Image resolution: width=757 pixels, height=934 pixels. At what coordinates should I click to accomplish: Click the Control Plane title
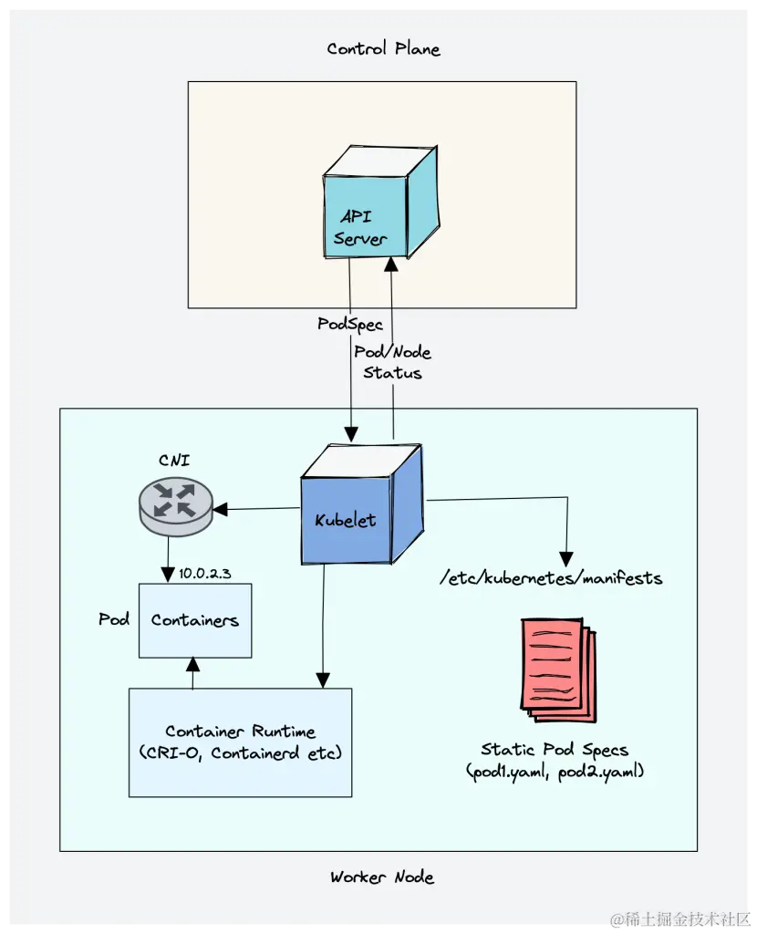(383, 48)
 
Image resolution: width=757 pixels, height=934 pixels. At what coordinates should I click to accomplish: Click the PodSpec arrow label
(350, 325)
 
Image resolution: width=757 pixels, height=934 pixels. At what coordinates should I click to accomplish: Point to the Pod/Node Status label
(392, 362)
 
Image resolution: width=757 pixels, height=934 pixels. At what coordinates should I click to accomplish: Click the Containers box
(195, 620)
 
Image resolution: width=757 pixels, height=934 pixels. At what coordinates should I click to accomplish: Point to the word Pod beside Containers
(114, 619)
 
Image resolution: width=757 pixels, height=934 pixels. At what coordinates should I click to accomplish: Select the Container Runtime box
(241, 742)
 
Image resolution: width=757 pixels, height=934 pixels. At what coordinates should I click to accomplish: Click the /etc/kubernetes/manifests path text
(551, 578)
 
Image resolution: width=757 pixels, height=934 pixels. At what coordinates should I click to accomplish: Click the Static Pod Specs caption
(555, 760)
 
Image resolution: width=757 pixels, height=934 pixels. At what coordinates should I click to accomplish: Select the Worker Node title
(382, 877)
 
